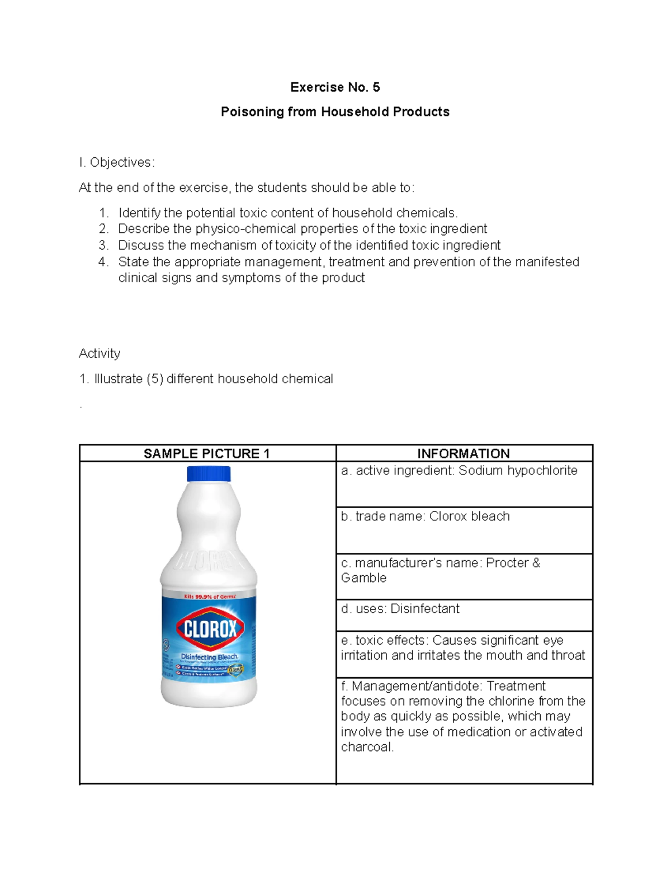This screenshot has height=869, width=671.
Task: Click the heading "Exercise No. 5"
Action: coord(335,87)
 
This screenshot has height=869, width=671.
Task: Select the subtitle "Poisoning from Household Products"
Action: coord(335,112)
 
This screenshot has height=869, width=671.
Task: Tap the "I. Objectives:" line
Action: coord(116,162)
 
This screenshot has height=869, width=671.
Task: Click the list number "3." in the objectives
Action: coord(103,245)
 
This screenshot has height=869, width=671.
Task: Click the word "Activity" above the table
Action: coord(100,354)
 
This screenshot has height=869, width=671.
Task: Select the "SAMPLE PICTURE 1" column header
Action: coord(207,453)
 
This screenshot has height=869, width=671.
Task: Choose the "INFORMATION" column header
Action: coord(464,453)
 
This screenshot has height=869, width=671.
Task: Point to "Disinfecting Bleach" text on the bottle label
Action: coord(209,657)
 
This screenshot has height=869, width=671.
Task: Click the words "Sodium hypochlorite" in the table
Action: coord(518,471)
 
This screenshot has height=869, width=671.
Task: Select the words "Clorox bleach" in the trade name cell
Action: coord(469,516)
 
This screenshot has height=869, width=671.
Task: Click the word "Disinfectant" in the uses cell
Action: coord(425,609)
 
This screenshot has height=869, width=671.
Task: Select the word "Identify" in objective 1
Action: coord(139,213)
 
